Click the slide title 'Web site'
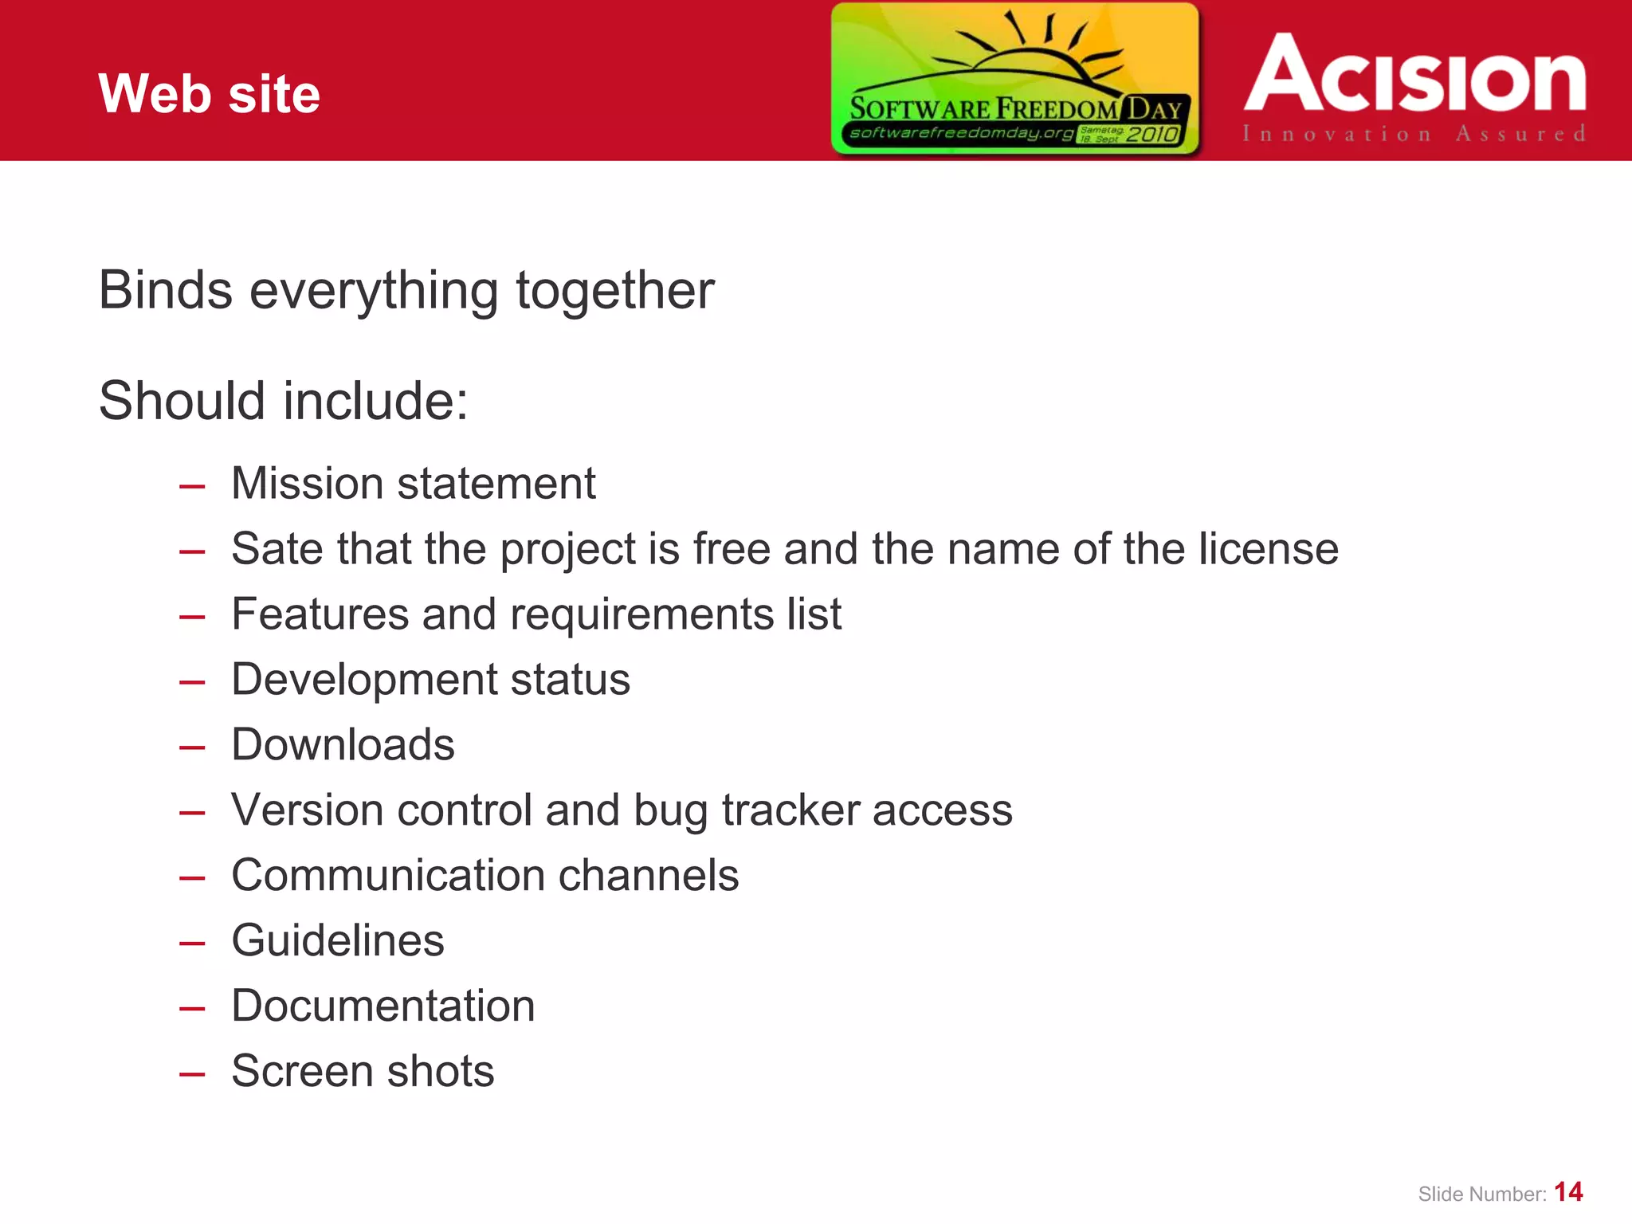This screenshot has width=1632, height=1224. pyautogui.click(x=209, y=94)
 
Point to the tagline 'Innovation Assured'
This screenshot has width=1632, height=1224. pyautogui.click(x=1414, y=134)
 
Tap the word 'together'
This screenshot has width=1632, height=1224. pyautogui.click(x=615, y=291)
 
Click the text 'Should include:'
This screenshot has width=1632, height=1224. pyautogui.click(x=284, y=400)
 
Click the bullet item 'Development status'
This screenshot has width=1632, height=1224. pyautogui.click(x=430, y=680)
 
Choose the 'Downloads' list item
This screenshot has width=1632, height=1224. pyautogui.click(x=343, y=745)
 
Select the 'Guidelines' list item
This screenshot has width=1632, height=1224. pyautogui.click(x=338, y=941)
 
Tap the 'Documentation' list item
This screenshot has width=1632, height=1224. pyautogui.click(x=382, y=1006)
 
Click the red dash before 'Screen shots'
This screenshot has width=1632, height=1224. pyautogui.click(x=192, y=1074)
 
